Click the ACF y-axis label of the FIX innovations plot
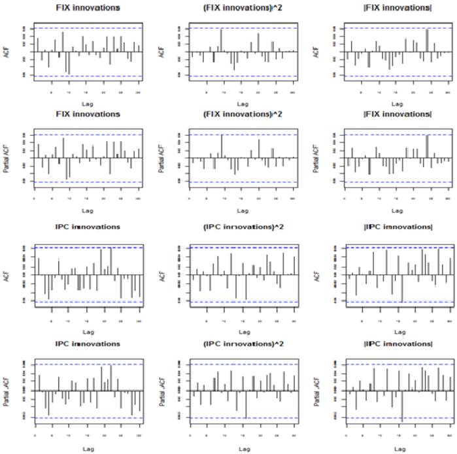[x=8, y=52]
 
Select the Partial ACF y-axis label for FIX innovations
[x=8, y=158]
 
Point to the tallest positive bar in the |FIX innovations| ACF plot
[x=426, y=41]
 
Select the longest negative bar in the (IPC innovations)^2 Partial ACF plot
[x=246, y=404]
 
